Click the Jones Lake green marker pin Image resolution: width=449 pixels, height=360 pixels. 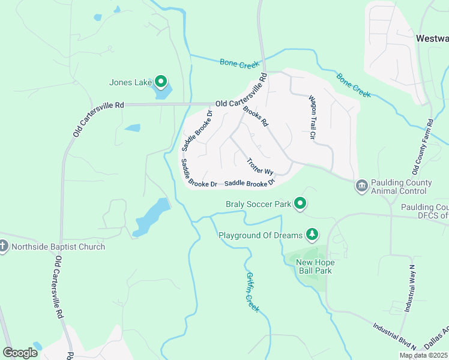coord(160,81)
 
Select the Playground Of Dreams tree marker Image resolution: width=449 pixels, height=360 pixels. coord(311,234)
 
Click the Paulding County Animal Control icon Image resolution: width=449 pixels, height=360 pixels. coord(361,185)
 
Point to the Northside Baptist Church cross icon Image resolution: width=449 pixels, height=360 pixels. coord(4,247)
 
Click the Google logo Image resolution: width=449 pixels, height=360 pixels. coord(20,353)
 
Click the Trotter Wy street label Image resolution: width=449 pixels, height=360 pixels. coord(261,166)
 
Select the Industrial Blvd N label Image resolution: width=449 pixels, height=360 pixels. coord(394,335)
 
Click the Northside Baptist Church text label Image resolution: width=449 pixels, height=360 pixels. coord(58,247)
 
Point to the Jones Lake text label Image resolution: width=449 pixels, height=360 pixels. coord(128,83)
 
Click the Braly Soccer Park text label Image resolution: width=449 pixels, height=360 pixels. coord(258,204)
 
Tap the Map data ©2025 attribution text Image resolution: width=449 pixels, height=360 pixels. coord(424,355)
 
